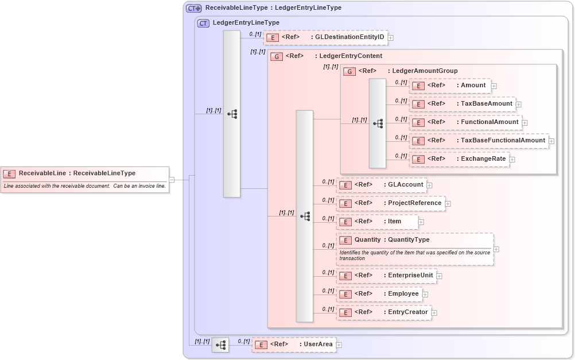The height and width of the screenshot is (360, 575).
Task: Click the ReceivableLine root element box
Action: (85, 179)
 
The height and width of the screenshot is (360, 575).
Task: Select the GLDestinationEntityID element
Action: (325, 37)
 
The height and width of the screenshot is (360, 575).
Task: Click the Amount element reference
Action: (449, 86)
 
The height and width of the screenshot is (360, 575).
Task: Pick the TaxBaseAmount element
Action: (461, 104)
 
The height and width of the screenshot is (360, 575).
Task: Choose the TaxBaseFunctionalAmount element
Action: (478, 141)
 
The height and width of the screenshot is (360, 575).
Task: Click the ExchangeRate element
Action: (459, 159)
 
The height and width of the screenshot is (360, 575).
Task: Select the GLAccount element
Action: (381, 185)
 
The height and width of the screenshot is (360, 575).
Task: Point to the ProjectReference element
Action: (390, 203)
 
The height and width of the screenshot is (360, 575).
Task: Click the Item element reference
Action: (377, 222)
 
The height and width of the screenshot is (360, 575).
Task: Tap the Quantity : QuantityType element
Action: (414, 249)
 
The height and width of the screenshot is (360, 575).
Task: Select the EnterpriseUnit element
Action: (386, 276)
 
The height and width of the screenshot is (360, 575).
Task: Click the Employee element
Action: (379, 294)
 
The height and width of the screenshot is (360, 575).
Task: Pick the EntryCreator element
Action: (383, 312)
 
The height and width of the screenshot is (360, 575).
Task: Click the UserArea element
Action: (294, 344)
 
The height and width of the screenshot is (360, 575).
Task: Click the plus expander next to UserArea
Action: (339, 345)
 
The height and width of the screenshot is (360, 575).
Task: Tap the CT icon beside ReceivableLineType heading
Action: (193, 8)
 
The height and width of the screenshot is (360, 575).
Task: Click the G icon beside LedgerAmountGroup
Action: (349, 71)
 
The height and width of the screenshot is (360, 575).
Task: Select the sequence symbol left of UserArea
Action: (220, 345)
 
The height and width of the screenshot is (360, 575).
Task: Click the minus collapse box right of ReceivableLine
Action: (172, 180)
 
